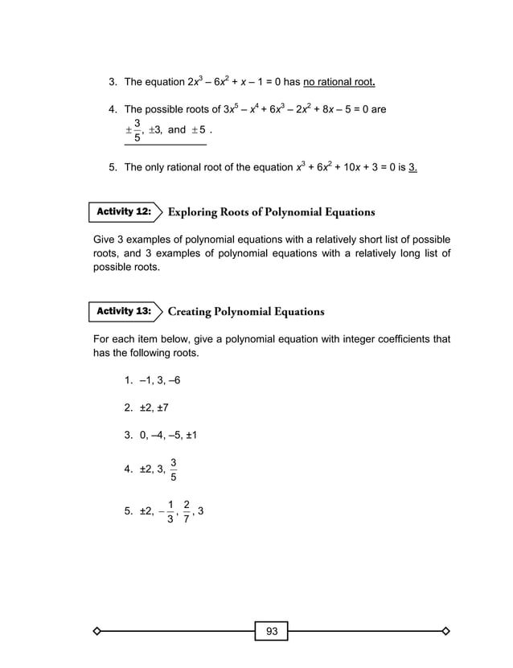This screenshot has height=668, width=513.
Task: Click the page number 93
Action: coord(272,632)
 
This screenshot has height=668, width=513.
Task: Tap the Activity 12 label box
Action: coord(124,211)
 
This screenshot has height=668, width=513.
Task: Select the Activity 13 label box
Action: coord(124,310)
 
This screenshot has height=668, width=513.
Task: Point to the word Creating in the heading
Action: coord(192,311)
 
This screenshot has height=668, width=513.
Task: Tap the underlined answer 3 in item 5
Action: coord(412,167)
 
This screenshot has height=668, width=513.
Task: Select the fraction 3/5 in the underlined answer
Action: coord(137,131)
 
